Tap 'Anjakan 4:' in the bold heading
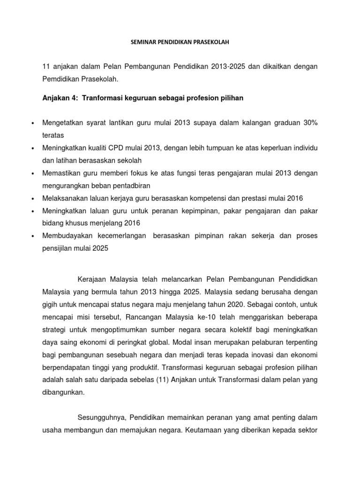(x=59, y=98)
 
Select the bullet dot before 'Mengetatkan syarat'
(x=32, y=123)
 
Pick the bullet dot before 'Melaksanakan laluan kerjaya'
(x=32, y=199)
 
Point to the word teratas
(x=53, y=135)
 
